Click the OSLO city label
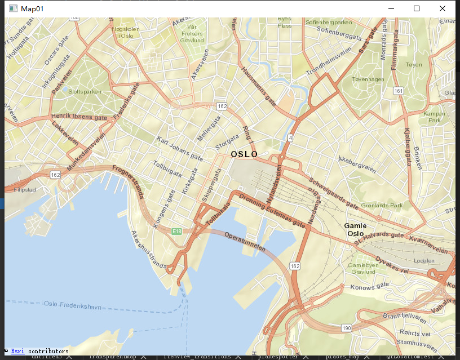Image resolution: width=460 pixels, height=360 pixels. point(244,154)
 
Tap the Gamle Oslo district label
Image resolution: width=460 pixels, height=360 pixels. point(356,229)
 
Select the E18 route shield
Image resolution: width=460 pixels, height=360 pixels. point(177,232)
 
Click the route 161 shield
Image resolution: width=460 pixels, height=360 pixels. point(399,91)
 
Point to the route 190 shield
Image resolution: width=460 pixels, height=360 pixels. point(346,328)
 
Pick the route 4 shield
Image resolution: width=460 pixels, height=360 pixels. point(290,137)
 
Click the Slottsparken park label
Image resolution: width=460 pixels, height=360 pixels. point(85,91)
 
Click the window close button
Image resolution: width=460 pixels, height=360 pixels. point(443,8)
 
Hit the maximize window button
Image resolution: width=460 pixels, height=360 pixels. point(417,8)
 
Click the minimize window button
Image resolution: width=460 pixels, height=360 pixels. point(391,8)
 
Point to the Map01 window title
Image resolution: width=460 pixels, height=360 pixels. point(32,8)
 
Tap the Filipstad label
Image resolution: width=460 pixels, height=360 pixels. point(25,190)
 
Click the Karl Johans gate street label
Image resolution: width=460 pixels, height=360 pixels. point(180,148)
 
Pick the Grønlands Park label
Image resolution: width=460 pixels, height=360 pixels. point(382,206)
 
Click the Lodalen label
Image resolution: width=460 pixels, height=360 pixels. point(423,261)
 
